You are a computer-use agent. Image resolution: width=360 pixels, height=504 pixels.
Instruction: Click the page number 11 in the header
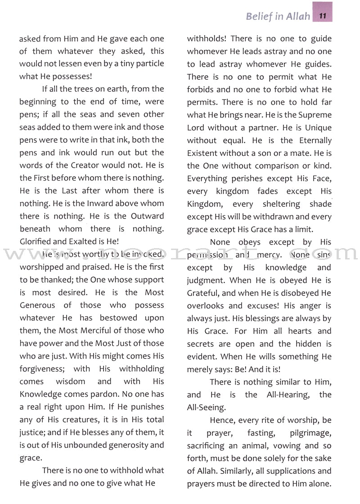tap(324, 17)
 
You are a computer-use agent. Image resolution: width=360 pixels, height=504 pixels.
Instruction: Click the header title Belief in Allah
tap(278, 17)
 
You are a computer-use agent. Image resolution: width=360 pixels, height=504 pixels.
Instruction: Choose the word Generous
tap(37, 305)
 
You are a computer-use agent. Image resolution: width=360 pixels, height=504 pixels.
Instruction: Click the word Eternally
tap(311, 141)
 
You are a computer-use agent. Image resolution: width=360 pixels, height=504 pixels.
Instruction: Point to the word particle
tap(144, 64)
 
